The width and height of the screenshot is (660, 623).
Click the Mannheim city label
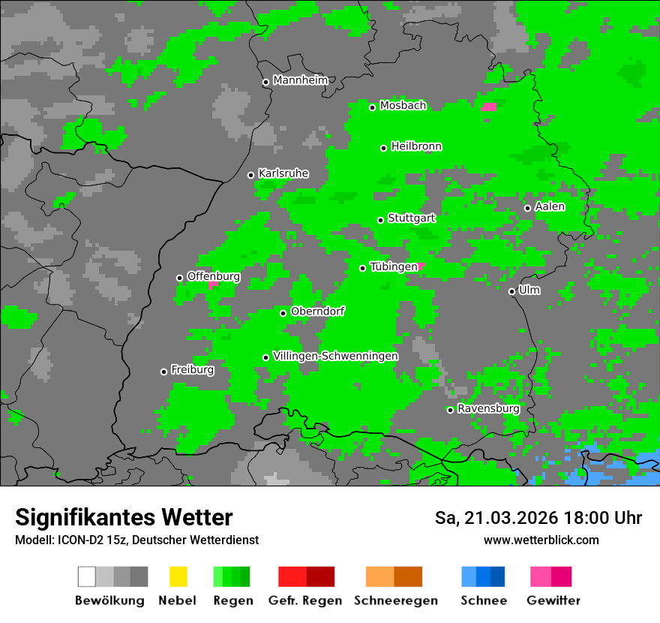pos(301,80)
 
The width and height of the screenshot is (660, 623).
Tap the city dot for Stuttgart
pos(381,220)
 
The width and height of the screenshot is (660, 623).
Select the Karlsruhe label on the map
pos(283,173)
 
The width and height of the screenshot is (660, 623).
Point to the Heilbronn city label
pos(416,146)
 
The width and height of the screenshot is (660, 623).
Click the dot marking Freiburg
pos(163,372)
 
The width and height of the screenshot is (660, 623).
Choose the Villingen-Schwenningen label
pos(335,356)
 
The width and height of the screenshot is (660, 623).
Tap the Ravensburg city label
pos(488,408)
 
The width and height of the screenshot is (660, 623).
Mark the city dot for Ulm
pos(511,291)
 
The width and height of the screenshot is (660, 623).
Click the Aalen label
pos(550,206)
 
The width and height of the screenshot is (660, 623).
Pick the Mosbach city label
pos(403,106)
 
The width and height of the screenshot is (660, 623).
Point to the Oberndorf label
pos(317,311)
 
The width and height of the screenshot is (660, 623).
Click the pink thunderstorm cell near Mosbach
pos(489,107)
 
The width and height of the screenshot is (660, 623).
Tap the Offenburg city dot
pos(179,278)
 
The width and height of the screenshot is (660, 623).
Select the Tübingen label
pos(394,266)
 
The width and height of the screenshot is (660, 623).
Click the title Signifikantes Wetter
pos(124,517)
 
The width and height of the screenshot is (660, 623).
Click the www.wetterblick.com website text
pos(541,540)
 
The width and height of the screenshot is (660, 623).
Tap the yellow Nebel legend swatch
pos(178,576)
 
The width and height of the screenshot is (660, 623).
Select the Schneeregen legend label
pos(395,600)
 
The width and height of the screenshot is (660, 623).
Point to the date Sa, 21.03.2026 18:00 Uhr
pos(538,518)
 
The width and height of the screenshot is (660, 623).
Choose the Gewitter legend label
pos(553,600)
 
